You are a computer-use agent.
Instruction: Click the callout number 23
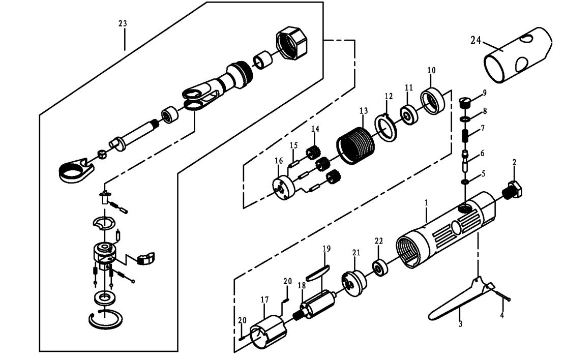123,24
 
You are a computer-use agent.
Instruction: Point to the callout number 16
278,161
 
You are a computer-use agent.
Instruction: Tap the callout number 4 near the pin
502,315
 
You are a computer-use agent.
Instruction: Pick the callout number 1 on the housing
426,202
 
